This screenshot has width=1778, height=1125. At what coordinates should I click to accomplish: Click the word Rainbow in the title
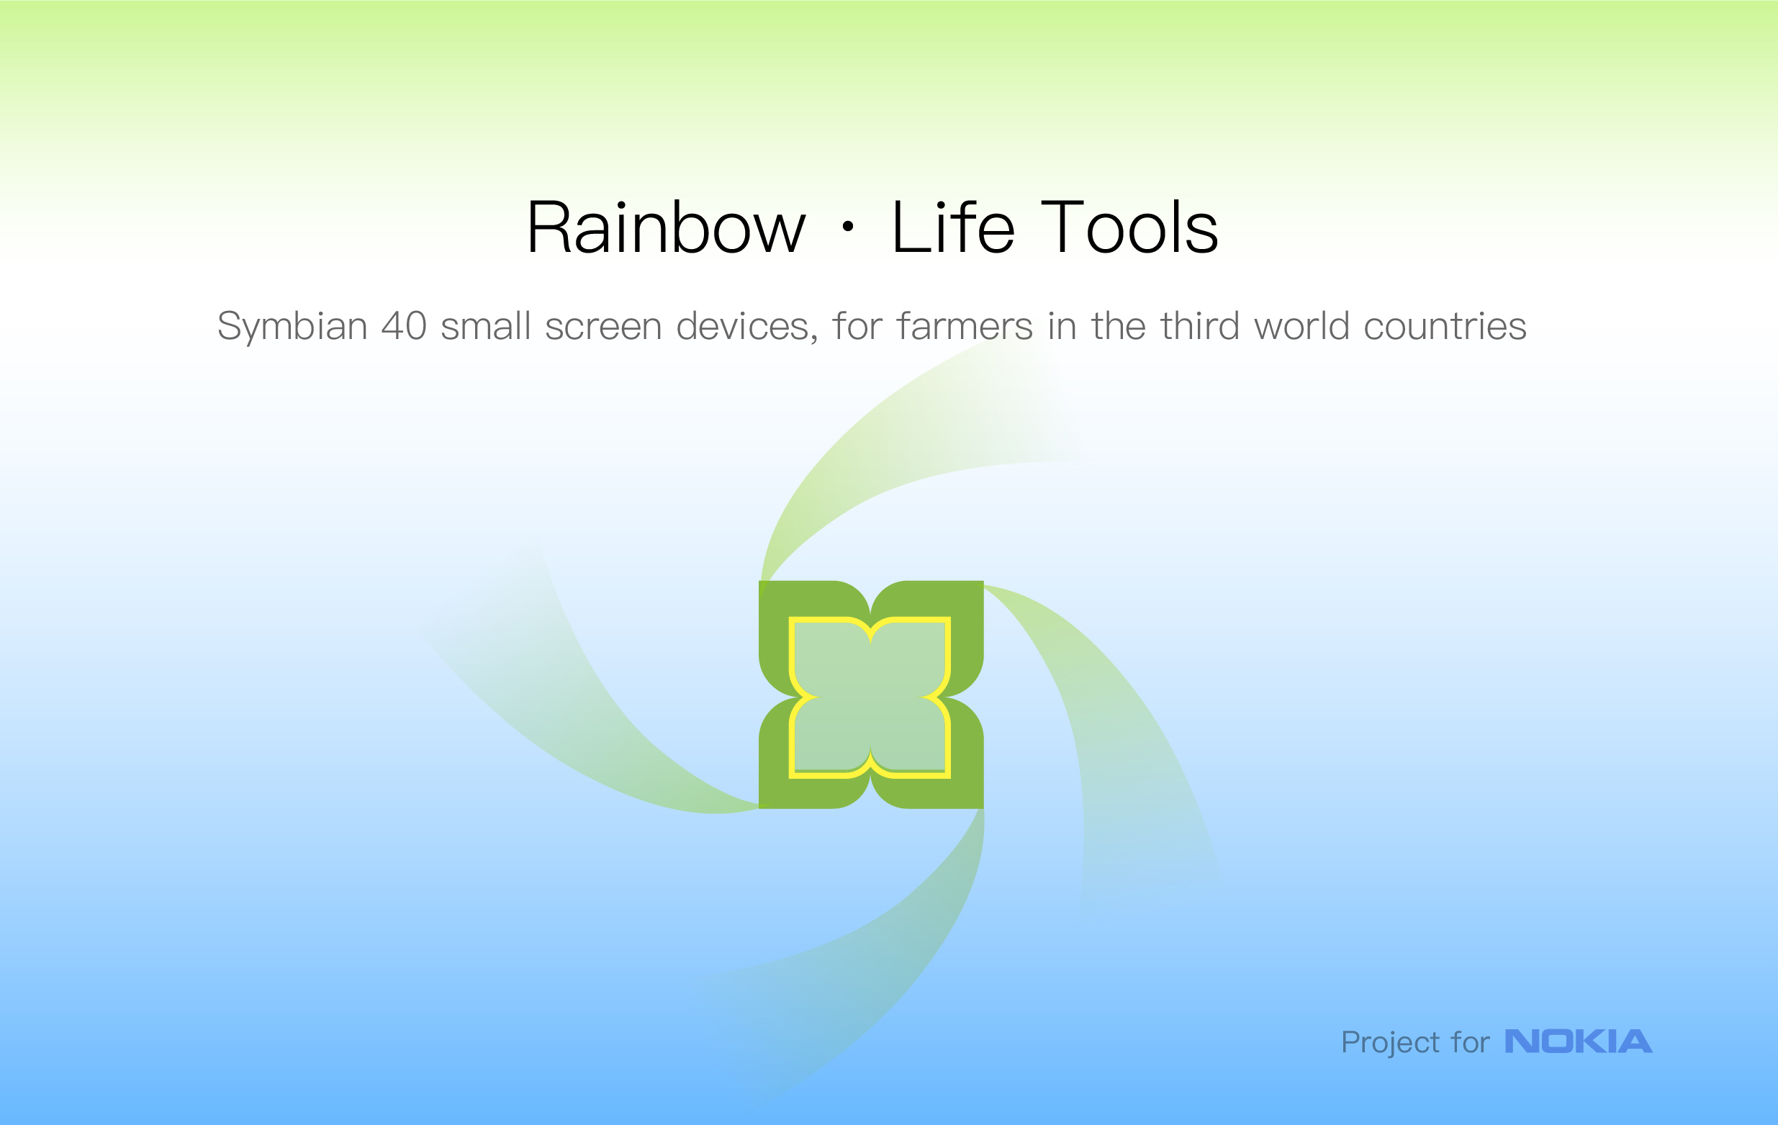tap(666, 227)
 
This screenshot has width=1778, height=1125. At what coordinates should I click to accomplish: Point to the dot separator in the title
tap(848, 227)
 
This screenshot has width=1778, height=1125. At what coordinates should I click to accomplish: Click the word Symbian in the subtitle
tap(292, 326)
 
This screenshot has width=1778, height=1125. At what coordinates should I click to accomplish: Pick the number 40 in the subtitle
tap(404, 326)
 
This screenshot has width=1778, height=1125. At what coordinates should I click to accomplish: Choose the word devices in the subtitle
tap(746, 327)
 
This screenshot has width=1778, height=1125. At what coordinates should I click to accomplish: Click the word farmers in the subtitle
tap(965, 325)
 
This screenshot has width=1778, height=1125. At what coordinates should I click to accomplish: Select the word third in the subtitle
tap(1200, 325)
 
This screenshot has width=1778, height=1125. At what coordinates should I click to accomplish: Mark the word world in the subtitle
tap(1301, 325)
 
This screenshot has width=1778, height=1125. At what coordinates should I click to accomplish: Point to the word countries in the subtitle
tap(1445, 327)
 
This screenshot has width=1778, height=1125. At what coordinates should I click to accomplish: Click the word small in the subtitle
tap(486, 325)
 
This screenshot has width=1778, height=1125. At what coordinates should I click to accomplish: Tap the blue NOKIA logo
tap(1579, 1041)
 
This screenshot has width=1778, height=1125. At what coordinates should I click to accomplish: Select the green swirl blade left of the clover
tap(591, 701)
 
